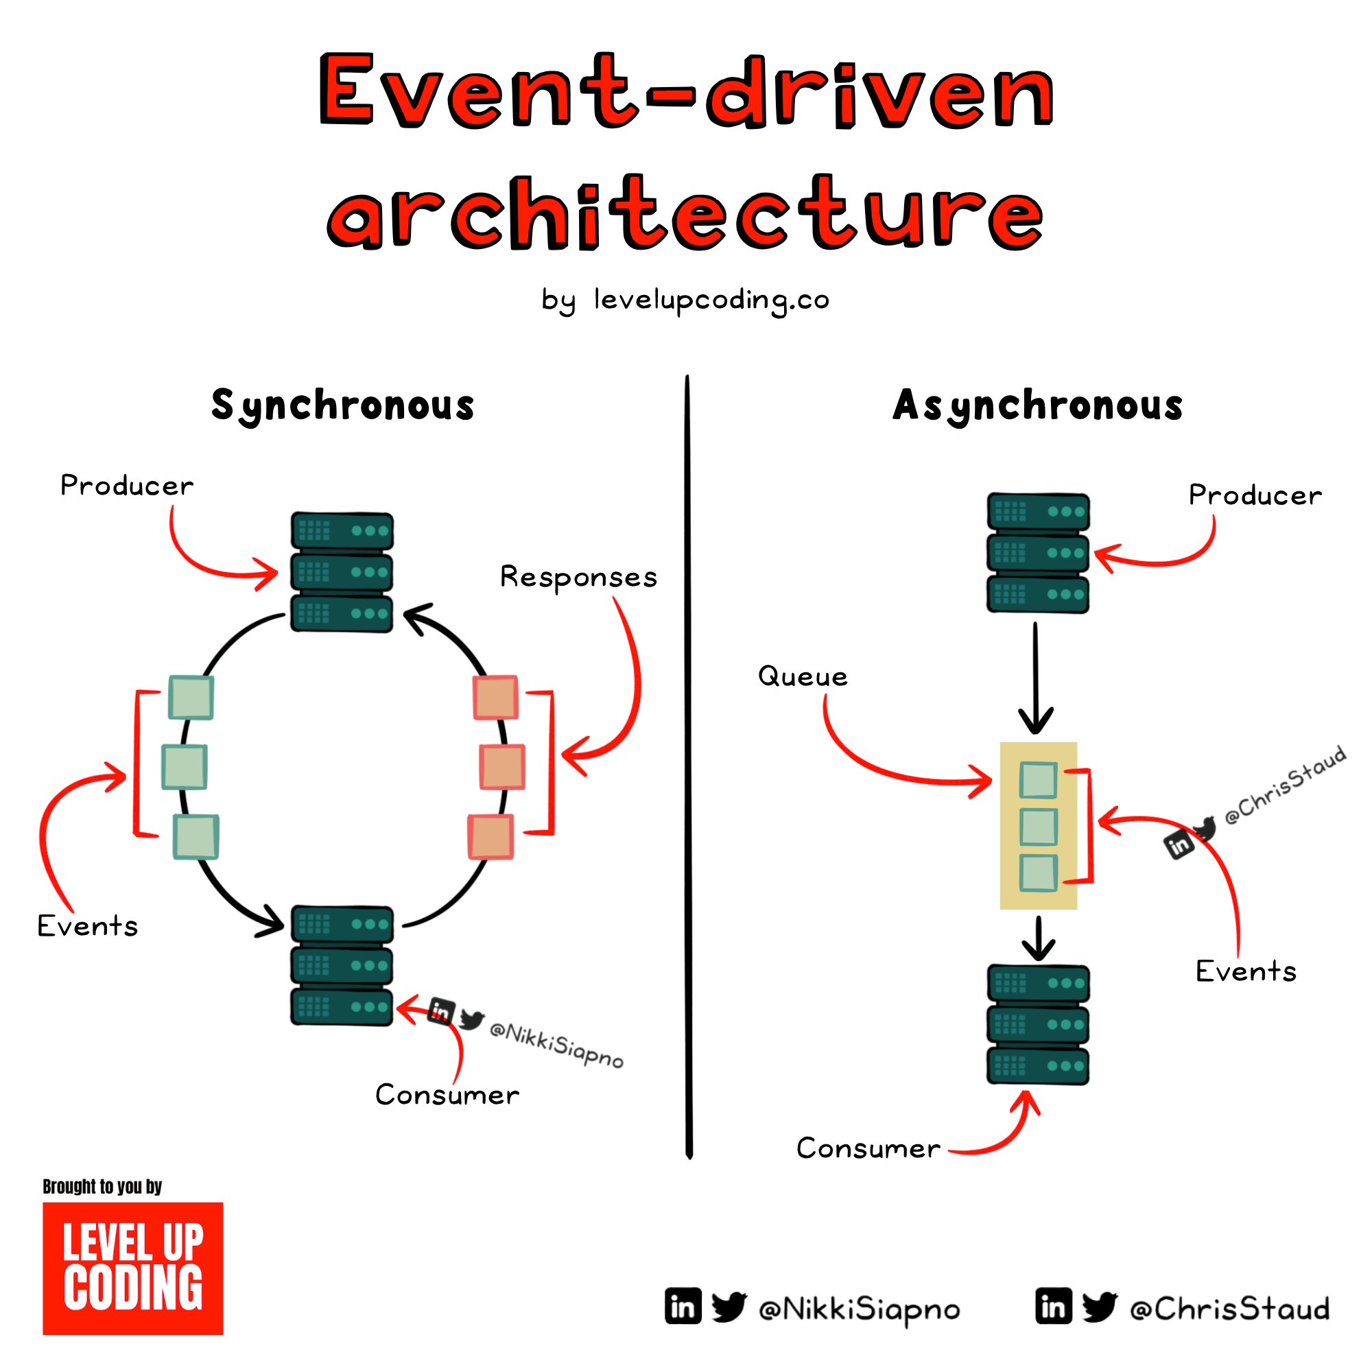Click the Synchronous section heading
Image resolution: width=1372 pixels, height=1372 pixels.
pyautogui.click(x=342, y=405)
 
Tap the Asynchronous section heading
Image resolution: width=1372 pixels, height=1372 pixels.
pyautogui.click(x=1037, y=405)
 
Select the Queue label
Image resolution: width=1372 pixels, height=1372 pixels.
pyautogui.click(x=803, y=676)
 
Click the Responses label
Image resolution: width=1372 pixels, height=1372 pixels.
pyautogui.click(x=578, y=578)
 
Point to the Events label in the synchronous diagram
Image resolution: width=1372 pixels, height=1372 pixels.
pyautogui.click(x=87, y=926)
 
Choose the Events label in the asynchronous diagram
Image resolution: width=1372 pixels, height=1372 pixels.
pyautogui.click(x=1246, y=971)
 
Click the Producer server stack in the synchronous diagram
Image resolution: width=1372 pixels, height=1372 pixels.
pyautogui.click(x=342, y=571)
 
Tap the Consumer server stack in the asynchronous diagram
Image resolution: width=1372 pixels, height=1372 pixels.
pyautogui.click(x=1037, y=1024)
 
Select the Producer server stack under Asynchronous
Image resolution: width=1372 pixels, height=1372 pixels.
pyautogui.click(x=1037, y=552)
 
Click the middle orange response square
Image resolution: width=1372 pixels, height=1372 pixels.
pyautogui.click(x=502, y=767)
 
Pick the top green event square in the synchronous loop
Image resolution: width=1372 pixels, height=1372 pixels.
pyautogui.click(x=191, y=698)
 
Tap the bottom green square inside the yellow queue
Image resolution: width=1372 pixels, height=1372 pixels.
pyautogui.click(x=1038, y=873)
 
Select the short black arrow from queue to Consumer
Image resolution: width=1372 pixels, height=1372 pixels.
pyautogui.click(x=1038, y=937)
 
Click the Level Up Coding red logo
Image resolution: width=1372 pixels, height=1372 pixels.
pyautogui.click(x=133, y=1268)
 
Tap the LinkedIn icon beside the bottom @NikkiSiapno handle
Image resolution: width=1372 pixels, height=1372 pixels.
pyautogui.click(x=683, y=1308)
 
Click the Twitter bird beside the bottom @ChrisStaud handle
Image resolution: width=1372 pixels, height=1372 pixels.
pyautogui.click(x=1099, y=1308)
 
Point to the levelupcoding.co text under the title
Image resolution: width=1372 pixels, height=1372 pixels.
pyautogui.click(x=711, y=300)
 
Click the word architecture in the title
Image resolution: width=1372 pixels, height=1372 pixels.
pyautogui.click(x=685, y=213)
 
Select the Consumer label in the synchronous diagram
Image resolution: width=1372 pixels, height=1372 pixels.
pyautogui.click(x=447, y=1095)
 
